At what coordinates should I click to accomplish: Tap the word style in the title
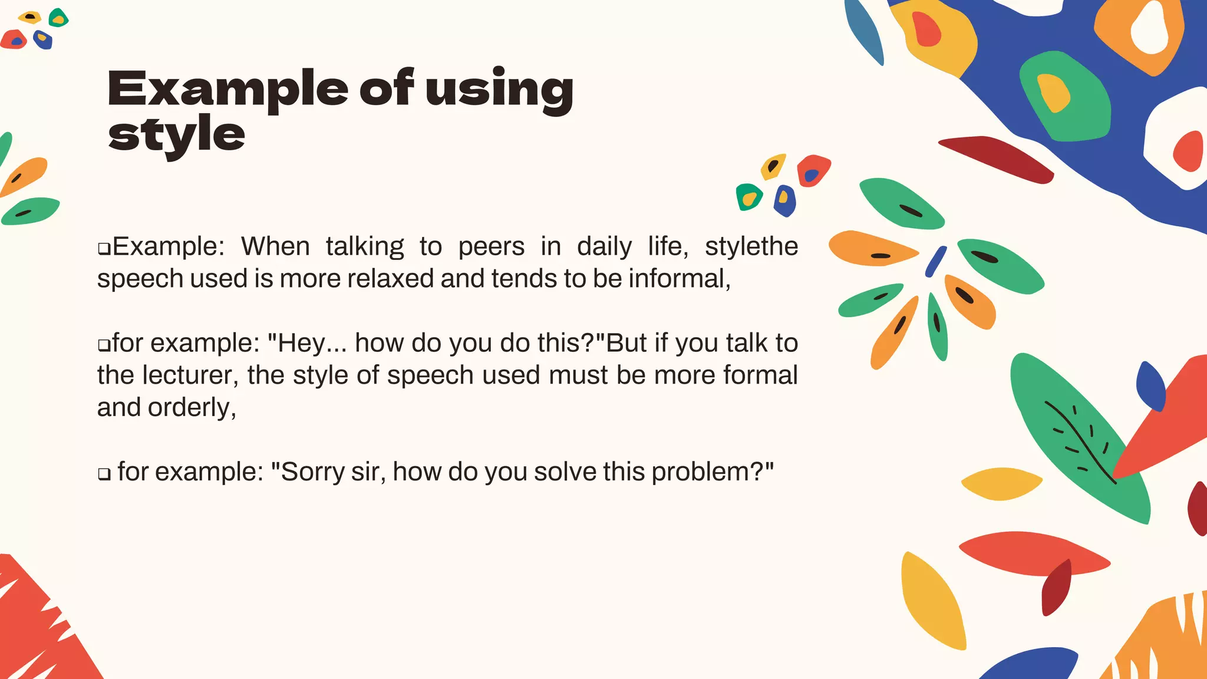(x=176, y=135)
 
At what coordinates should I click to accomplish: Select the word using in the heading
(x=499, y=90)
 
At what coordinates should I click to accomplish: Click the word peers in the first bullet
(x=491, y=246)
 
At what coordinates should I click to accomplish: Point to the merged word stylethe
(x=751, y=246)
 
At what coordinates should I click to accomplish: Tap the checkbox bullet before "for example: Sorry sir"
(x=104, y=474)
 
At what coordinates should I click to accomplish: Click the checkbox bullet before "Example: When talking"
(x=104, y=249)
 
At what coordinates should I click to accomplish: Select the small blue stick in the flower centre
(x=935, y=261)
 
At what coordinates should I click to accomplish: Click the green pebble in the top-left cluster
(x=58, y=18)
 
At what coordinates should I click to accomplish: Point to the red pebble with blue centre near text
(x=813, y=170)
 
